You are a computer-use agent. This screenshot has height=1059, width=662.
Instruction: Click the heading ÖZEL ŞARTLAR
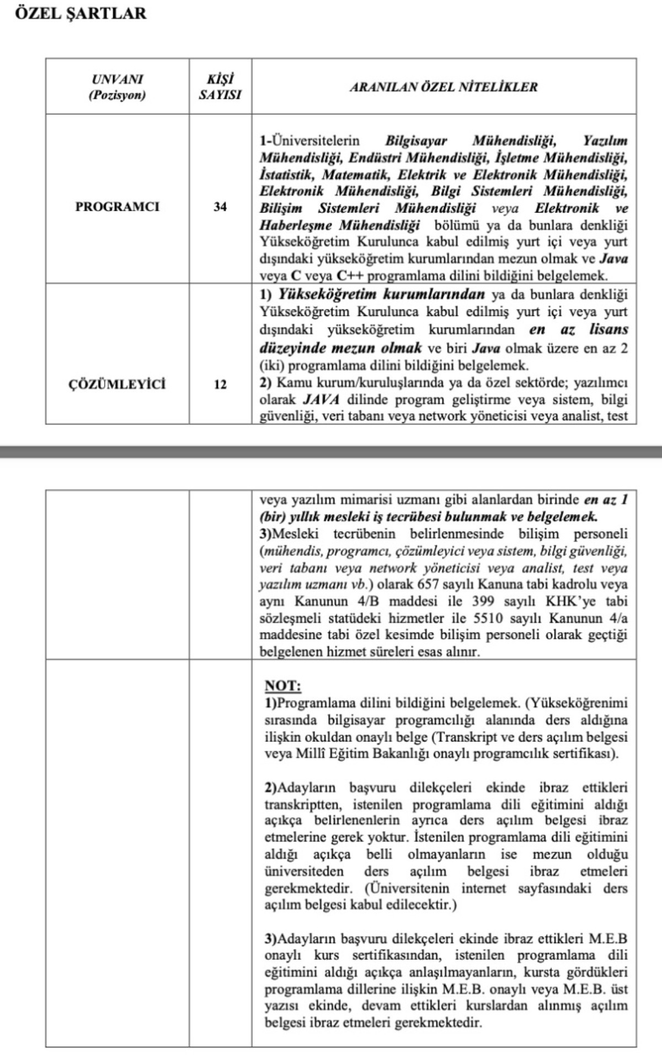pyautogui.click(x=81, y=13)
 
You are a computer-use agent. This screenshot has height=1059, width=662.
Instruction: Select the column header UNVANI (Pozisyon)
pyautogui.click(x=117, y=87)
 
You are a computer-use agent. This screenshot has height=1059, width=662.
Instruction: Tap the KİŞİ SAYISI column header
pyautogui.click(x=220, y=87)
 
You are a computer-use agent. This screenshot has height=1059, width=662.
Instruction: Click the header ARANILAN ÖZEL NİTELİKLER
pyautogui.click(x=444, y=87)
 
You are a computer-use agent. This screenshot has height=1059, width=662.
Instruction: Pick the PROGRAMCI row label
pyautogui.click(x=117, y=207)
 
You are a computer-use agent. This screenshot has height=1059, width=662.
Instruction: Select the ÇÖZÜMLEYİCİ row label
pyautogui.click(x=117, y=384)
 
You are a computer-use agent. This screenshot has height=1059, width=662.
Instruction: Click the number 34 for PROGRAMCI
pyautogui.click(x=220, y=207)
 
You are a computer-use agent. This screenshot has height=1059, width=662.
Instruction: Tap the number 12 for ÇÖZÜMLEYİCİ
pyautogui.click(x=220, y=384)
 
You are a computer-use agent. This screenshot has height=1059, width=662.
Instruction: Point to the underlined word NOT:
pyautogui.click(x=282, y=686)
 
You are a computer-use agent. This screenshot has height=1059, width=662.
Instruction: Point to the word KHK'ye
pyautogui.click(x=570, y=601)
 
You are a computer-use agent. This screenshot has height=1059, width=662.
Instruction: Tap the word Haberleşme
pyautogui.click(x=296, y=225)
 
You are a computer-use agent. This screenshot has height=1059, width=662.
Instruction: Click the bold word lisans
pyautogui.click(x=608, y=329)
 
